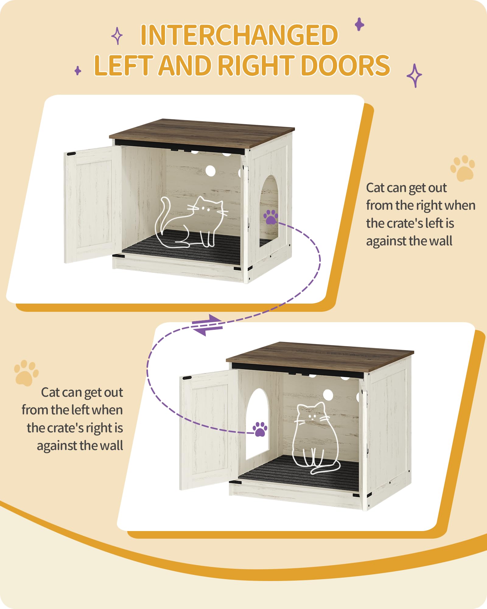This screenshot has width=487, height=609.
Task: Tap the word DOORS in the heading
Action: click(345, 65)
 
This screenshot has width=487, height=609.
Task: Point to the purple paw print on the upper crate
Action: click(271, 216)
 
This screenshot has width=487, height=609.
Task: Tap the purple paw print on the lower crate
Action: click(260, 429)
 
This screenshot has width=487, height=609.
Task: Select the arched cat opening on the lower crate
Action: click(257, 424)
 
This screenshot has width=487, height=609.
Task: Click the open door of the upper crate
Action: click(93, 204)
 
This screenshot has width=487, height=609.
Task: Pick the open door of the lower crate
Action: click(209, 430)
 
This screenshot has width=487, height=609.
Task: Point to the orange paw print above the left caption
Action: click(26, 373)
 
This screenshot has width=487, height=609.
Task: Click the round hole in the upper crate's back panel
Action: click(210, 171)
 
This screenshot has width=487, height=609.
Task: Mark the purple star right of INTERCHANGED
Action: click(359, 24)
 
